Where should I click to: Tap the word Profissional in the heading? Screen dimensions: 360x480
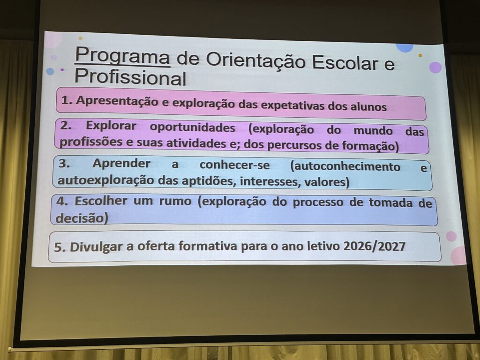tap(130, 77)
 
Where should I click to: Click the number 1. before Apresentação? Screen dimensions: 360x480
tap(67, 100)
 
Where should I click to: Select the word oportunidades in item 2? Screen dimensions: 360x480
tap(192, 127)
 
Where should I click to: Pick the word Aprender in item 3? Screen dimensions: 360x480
tap(121, 164)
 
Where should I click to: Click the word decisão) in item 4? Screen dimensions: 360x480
tap(82, 218)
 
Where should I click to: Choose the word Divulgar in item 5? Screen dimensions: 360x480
tap(92, 247)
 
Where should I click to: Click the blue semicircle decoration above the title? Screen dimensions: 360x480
tap(404, 47)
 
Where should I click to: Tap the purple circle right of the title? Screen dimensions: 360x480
tap(435, 67)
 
